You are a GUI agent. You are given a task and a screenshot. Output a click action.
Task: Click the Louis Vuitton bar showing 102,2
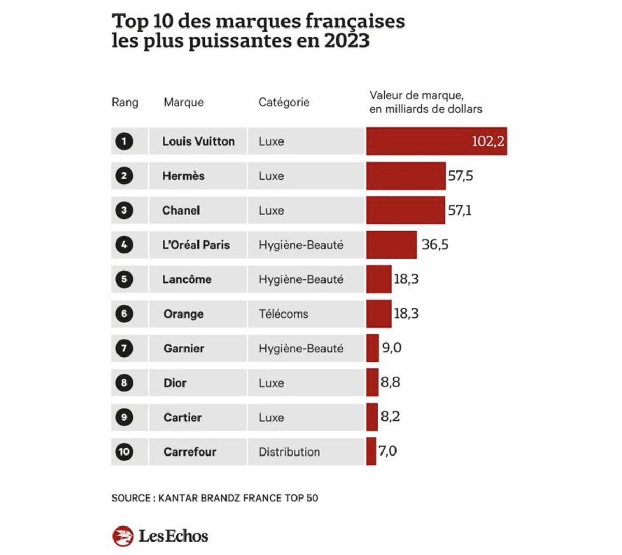tap(436, 141)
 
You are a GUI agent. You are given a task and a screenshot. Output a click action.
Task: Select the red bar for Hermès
tap(406, 176)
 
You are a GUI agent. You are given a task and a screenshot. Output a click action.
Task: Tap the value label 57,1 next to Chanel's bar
tap(460, 210)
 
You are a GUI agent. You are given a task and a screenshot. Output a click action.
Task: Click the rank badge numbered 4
tap(124, 245)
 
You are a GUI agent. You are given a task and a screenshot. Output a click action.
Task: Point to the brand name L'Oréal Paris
tap(196, 245)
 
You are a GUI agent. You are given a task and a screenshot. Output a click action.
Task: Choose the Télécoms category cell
tap(284, 314)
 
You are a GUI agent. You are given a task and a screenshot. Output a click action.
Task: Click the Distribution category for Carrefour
tap(289, 452)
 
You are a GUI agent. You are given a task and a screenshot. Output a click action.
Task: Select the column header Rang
tap(125, 102)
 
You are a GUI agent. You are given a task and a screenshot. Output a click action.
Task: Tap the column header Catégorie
tap(284, 102)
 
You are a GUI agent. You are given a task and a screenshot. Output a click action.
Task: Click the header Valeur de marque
tap(416, 95)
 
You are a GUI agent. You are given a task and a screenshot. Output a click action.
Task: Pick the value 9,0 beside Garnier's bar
tap(391, 348)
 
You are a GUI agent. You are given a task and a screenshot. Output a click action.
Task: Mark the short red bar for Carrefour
tap(371, 451)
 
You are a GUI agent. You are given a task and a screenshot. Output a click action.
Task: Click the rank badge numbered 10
tap(124, 452)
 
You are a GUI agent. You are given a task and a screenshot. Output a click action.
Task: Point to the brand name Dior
tap(175, 383)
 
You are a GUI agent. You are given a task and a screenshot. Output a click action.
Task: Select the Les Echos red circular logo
tap(123, 536)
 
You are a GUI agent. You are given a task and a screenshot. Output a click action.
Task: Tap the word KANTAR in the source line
tap(178, 498)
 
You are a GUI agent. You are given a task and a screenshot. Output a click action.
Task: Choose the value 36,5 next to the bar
tap(435, 245)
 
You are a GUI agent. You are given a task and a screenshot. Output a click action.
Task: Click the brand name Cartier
tap(182, 417)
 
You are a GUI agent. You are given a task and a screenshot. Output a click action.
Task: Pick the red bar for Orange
tap(379, 314)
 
